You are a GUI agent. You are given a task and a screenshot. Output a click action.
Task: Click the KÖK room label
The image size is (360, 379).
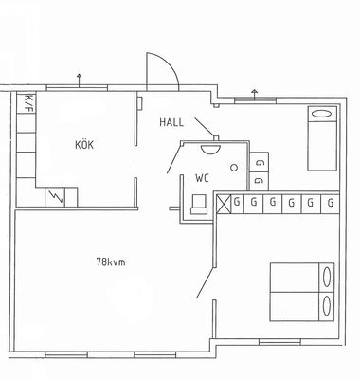pos(84,145)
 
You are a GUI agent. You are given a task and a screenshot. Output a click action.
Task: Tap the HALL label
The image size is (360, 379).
pos(171,122)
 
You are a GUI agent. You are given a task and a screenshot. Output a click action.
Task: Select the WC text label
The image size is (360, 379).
pos(202,178)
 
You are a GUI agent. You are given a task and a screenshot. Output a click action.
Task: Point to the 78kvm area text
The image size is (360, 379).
pos(111,262)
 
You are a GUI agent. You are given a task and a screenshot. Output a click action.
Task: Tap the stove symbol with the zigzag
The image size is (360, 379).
pos(55,197)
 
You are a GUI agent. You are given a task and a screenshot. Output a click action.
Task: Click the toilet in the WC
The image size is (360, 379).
pos(199,205)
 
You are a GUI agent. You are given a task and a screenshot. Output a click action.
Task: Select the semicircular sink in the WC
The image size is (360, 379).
pos(210,148)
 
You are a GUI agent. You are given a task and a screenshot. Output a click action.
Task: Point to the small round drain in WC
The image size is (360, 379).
pos(234,168)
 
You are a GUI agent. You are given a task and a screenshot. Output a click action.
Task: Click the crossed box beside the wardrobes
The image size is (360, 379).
pos(224,204)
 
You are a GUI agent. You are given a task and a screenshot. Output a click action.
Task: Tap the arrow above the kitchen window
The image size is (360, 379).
pos(79,80)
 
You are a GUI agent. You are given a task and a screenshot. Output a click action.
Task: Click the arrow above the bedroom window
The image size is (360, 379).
pos(255,94)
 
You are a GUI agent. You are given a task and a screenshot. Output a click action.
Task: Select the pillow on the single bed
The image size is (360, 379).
pos(322,114)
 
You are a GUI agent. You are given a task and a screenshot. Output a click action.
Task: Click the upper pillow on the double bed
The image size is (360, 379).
pos(327,277)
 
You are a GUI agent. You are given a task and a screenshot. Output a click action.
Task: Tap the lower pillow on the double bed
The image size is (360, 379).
pos(327,306)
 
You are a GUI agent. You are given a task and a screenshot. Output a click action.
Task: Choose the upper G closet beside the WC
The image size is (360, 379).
pos(259,163)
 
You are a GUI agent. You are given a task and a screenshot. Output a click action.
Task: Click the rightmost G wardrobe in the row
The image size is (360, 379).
pos(331,203)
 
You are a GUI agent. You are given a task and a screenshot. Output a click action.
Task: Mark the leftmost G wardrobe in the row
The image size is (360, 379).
pos(237,202)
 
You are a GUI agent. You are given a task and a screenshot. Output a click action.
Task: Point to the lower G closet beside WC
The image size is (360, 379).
pos(259,181)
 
